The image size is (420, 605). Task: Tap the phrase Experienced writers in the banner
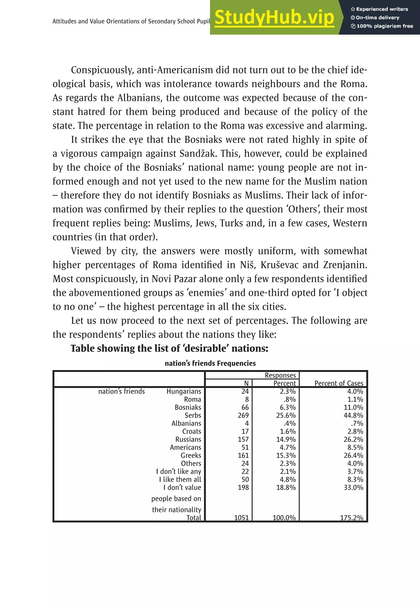coord(382,9)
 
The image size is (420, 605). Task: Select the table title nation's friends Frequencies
coord(210,363)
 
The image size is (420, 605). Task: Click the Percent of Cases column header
coord(339,383)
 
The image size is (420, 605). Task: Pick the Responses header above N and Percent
coord(280,375)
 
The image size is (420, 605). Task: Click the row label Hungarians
coord(184,391)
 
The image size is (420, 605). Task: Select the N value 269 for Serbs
coord(243,416)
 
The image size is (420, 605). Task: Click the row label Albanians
coord(186,424)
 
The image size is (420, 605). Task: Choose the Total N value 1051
coord(241,518)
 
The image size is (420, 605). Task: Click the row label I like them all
coord(180,480)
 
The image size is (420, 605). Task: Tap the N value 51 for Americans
coord(245,447)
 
